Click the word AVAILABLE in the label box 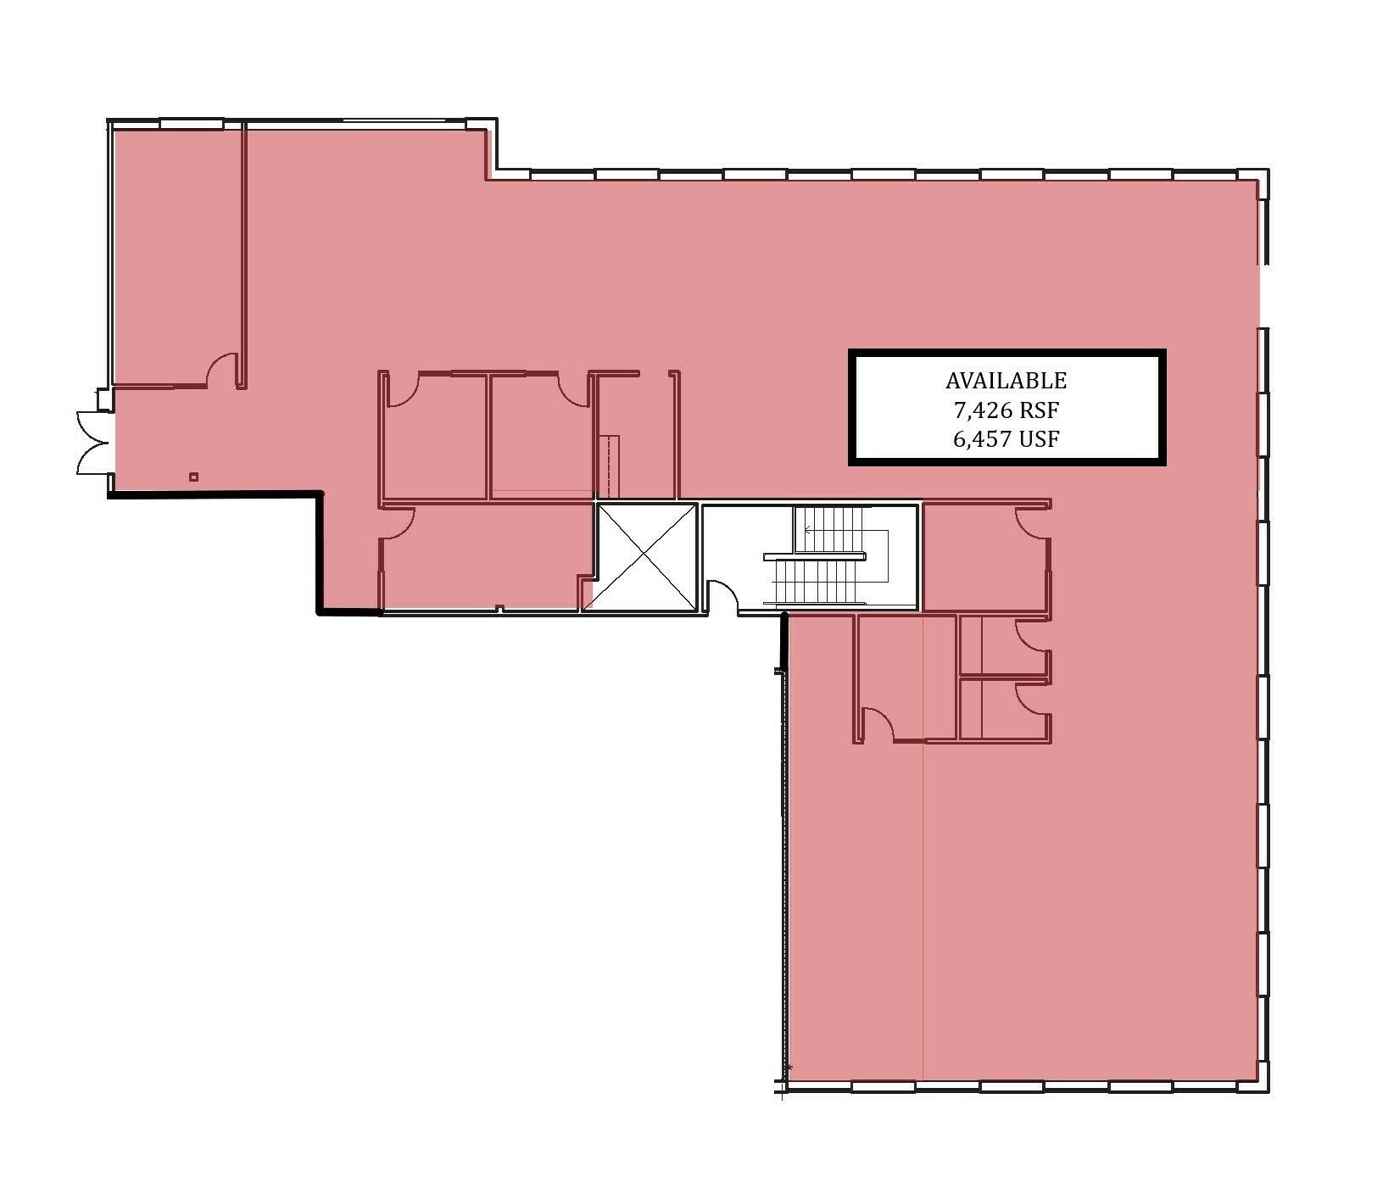point(1006,381)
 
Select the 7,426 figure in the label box point(982,411)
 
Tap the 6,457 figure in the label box point(983,439)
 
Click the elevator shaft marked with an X point(646,556)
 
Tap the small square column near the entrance point(193,477)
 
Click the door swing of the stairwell point(722,595)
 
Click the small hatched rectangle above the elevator point(611,466)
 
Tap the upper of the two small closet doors point(1033,636)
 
